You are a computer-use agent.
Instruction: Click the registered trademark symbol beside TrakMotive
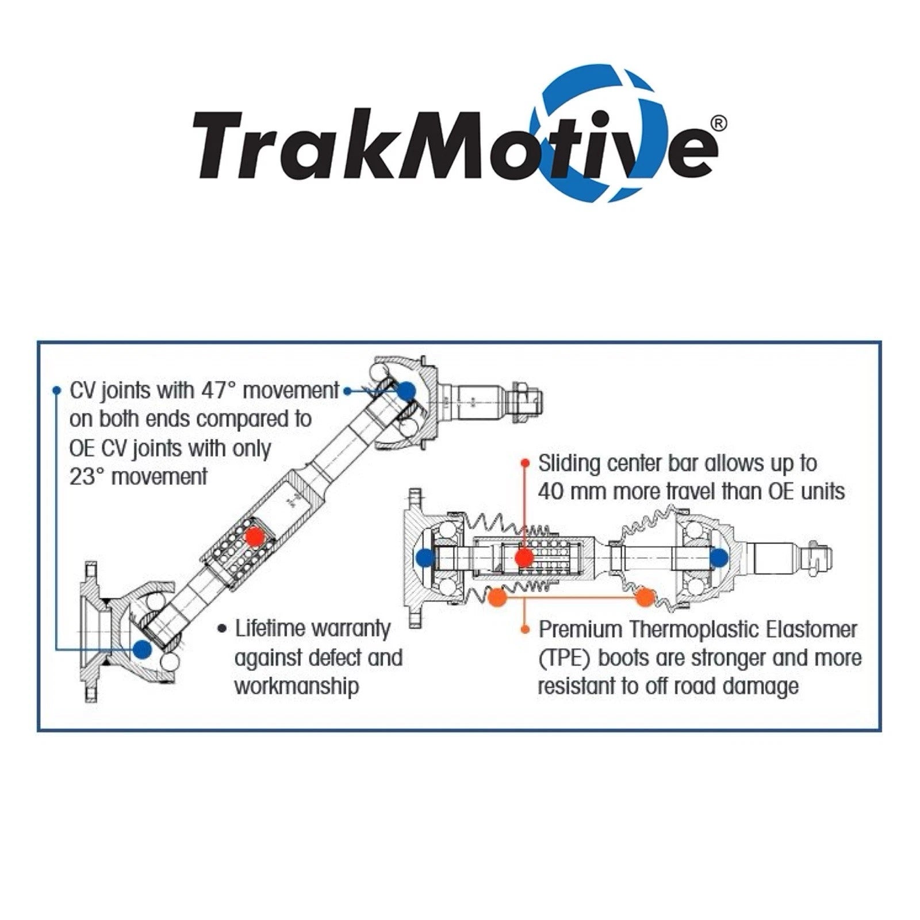click(x=719, y=123)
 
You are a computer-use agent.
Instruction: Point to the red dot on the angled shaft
click(x=254, y=536)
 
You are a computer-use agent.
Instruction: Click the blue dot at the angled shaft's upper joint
click(x=406, y=391)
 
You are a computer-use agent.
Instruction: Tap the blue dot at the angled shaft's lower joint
click(x=141, y=649)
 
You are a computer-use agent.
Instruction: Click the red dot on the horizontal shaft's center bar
click(x=523, y=557)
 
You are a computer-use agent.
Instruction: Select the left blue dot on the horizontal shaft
click(x=425, y=557)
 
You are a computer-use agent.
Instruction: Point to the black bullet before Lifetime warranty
click(x=223, y=628)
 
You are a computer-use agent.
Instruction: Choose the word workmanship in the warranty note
click(x=297, y=687)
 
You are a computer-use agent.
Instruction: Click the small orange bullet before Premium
click(x=525, y=630)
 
